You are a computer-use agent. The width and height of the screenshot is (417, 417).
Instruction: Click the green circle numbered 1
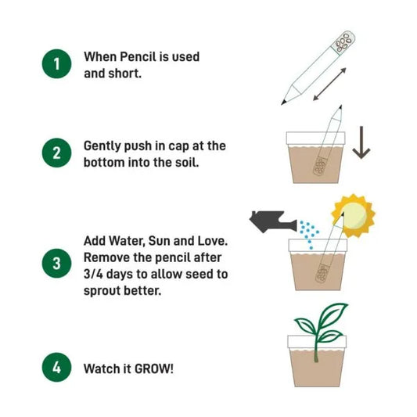(x=56, y=63)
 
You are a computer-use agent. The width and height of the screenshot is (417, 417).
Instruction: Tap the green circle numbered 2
(x=56, y=153)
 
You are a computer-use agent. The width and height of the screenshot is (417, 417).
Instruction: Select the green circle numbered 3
(x=56, y=264)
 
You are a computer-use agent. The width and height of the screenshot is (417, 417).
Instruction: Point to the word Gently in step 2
(x=103, y=146)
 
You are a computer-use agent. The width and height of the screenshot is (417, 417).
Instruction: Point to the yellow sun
(x=353, y=215)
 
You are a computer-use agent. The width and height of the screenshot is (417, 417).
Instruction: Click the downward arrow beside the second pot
(x=360, y=141)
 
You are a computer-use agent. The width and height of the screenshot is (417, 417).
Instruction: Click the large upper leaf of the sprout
(x=333, y=314)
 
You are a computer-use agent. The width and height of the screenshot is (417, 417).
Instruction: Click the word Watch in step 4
(x=101, y=367)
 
